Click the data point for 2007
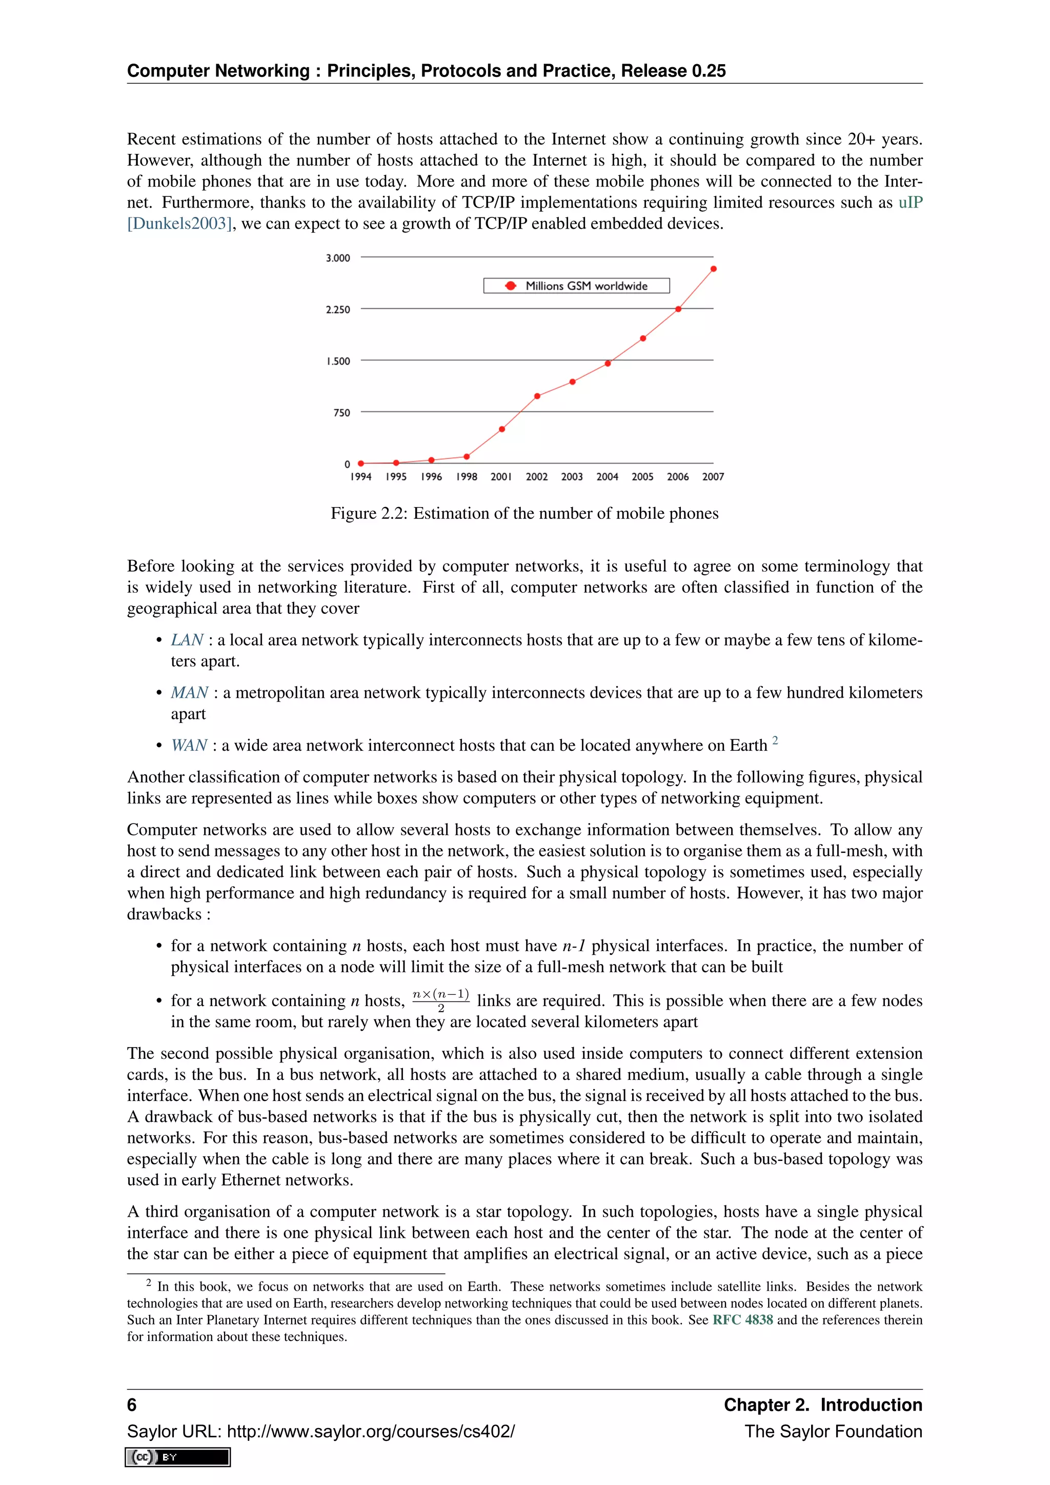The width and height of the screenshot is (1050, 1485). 713,268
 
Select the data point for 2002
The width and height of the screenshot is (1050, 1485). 537,396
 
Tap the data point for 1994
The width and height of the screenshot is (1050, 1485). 361,463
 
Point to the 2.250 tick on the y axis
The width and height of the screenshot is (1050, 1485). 337,310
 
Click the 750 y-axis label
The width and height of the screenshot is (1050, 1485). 341,413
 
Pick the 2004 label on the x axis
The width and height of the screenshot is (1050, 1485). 607,477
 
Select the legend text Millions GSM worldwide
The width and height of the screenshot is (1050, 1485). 586,286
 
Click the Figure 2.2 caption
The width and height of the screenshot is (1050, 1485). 524,513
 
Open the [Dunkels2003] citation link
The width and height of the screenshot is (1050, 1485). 179,224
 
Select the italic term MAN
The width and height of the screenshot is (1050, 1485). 189,693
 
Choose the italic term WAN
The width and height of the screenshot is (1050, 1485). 189,746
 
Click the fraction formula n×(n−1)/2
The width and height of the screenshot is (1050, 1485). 440,1000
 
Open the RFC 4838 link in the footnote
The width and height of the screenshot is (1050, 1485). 742,1319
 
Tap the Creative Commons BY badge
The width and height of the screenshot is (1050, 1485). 178,1457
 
